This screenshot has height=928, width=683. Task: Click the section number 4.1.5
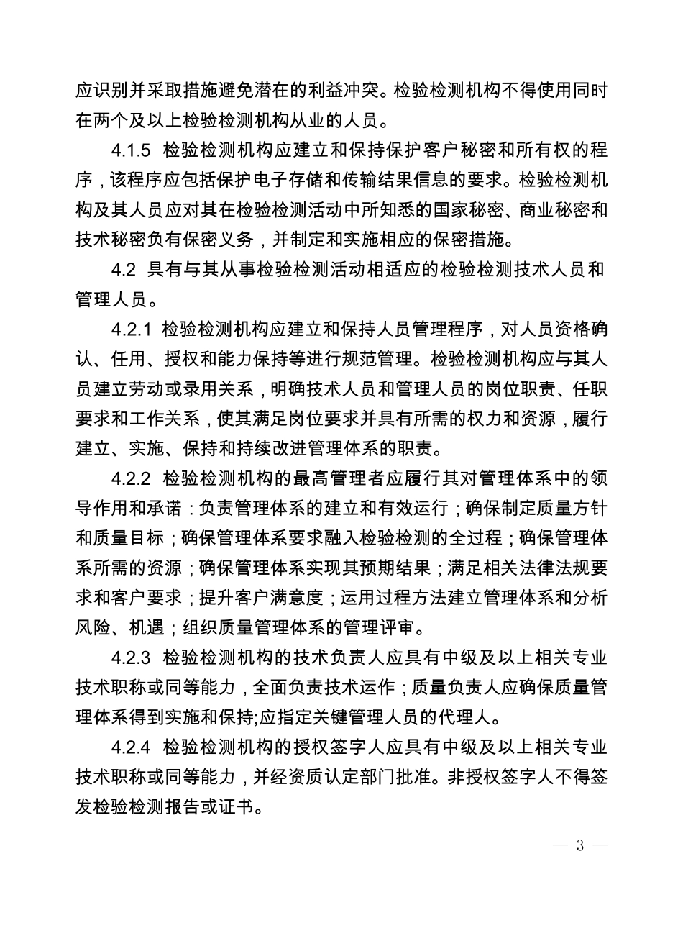133,151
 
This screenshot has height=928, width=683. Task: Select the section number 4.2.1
133,330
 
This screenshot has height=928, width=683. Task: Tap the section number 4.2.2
133,478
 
